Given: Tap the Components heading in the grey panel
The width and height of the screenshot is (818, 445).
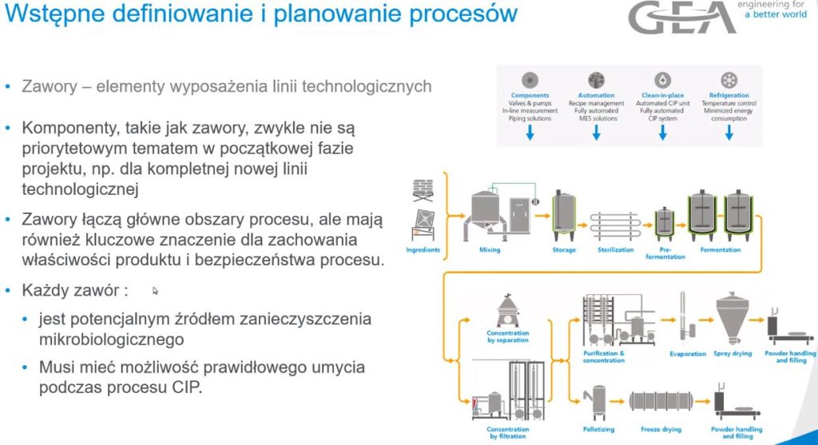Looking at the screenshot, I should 530,96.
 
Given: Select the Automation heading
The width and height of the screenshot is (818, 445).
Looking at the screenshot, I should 596,96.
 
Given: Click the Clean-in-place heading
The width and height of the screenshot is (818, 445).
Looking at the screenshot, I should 662,96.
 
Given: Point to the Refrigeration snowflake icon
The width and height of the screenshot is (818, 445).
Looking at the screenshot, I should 729,80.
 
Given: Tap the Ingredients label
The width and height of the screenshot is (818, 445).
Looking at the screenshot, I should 423,250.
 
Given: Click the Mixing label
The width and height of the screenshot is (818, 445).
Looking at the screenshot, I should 490,250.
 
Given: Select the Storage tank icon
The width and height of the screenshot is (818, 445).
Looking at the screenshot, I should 564,214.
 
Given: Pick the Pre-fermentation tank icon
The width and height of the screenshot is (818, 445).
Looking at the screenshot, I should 665,220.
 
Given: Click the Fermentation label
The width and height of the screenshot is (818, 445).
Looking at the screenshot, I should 720,250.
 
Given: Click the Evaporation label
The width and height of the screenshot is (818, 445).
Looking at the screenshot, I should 687,354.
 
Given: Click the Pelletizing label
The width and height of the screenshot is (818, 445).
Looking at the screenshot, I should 597,429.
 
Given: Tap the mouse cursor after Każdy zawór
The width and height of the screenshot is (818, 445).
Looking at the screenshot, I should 156,291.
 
